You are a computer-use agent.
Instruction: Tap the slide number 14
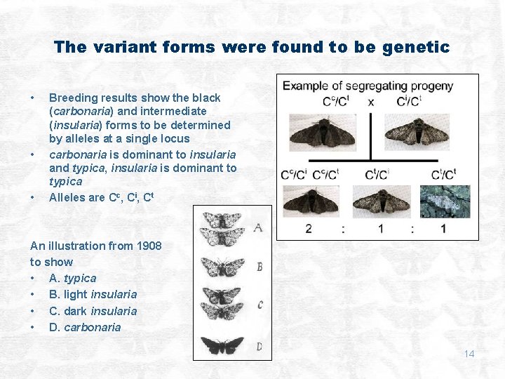pos(469,354)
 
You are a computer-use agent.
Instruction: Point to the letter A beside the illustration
pos(259,227)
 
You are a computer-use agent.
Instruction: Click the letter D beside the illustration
pos(259,346)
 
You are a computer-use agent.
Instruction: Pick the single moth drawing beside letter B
pos(222,267)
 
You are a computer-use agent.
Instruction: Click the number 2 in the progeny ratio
pos(308,229)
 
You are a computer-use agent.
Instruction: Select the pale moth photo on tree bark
pos(445,201)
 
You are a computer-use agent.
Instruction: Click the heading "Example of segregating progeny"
pos(368,86)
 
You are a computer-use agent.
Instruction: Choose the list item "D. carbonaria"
pos(85,327)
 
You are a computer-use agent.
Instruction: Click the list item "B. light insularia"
pos(93,294)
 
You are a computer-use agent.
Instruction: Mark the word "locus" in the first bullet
pos(175,139)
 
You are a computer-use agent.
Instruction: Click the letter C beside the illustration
pos(260,305)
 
